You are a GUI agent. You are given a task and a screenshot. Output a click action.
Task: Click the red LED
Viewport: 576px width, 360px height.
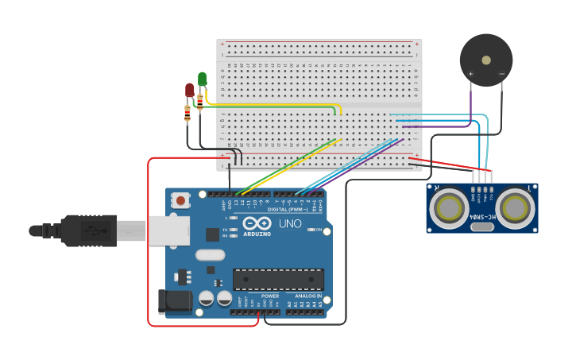pos(189,90)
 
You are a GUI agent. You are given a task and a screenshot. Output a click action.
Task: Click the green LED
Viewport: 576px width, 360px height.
pos(202,79)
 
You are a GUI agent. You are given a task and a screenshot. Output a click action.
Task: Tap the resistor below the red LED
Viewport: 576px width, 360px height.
pos(187,113)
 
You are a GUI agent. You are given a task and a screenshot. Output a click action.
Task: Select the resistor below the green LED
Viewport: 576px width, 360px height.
pos(199,101)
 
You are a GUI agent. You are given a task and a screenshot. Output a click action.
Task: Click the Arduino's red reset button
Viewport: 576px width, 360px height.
pos(180,200)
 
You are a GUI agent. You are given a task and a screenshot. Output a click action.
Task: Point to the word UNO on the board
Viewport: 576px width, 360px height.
pos(290,224)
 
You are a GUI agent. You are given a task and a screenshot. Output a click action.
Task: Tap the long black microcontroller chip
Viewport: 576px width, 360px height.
pos(278,280)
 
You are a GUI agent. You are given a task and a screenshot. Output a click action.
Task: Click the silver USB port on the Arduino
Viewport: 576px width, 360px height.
pos(168,230)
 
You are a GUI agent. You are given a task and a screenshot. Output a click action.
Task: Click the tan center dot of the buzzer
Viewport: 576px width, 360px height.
pos(486,60)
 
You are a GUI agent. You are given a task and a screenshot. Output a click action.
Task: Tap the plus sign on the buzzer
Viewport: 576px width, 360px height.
pos(470,74)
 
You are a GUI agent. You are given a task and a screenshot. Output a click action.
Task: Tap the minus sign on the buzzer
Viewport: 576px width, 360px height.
pos(502,74)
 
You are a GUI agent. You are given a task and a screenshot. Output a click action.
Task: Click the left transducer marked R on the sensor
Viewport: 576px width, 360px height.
pos(447,209)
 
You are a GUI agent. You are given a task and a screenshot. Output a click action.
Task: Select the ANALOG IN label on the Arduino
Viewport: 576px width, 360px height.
pos(303,296)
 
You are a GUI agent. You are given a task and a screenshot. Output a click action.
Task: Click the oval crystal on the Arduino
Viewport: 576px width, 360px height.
pos(210,255)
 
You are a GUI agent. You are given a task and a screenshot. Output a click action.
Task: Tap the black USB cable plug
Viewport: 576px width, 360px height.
pos(87,230)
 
